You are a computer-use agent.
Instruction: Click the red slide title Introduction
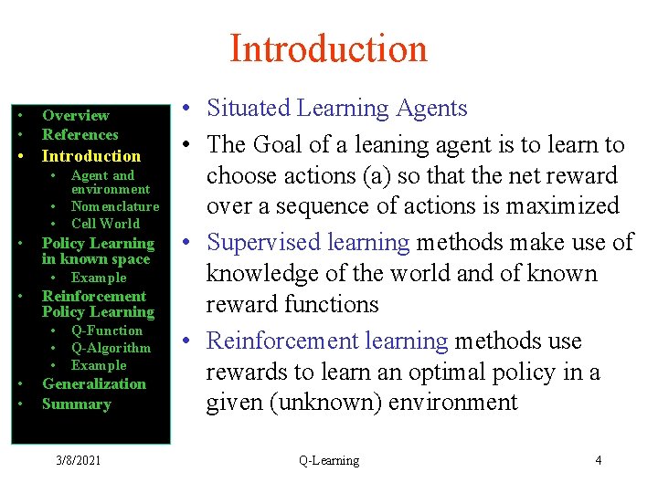(328, 48)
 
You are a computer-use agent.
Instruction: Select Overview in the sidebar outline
(75, 115)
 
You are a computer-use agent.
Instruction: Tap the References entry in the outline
(80, 134)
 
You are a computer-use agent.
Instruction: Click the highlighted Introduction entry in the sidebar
(91, 156)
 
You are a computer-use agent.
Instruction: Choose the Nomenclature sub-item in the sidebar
(115, 206)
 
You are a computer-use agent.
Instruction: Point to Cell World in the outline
(105, 224)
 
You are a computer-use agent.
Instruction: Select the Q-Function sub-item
(107, 330)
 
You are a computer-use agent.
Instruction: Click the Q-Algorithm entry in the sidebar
(111, 348)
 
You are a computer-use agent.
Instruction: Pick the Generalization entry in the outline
(94, 384)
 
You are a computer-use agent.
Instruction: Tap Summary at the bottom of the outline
(76, 404)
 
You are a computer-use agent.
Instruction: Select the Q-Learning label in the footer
(329, 460)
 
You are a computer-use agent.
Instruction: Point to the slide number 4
(599, 460)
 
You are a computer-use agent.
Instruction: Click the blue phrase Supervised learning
(309, 243)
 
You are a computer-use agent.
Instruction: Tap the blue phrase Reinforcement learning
(327, 341)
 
